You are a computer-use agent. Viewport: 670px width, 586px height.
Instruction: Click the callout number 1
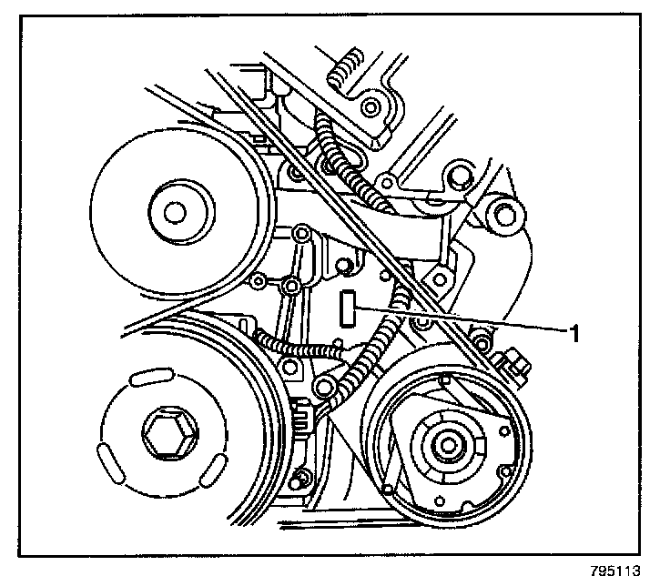574,334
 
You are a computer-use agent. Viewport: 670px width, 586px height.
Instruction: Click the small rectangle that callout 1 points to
347,308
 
